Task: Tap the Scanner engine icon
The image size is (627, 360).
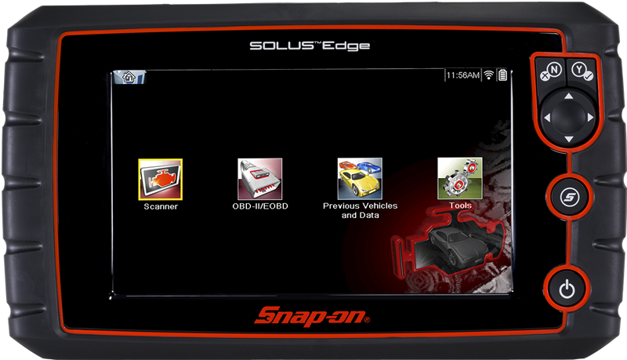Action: tap(161, 179)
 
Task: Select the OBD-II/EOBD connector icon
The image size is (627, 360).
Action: tap(260, 179)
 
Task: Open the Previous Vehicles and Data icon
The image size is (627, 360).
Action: tap(360, 178)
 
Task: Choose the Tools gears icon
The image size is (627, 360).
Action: tap(460, 178)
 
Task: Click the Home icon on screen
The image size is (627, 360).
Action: tap(129, 76)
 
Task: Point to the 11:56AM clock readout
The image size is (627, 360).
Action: tap(462, 75)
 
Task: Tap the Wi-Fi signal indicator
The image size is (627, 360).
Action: tap(488, 75)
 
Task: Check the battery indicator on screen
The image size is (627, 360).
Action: tap(502, 75)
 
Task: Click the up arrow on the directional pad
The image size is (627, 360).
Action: tap(569, 96)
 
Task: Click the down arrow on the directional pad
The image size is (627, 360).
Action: tap(569, 139)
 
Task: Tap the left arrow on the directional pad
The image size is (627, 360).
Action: tap(547, 118)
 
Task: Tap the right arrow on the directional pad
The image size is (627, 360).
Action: tap(590, 118)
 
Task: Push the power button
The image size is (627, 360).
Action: tap(567, 289)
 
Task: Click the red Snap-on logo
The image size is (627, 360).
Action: tap(312, 316)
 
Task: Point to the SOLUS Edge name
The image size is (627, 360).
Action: tap(310, 46)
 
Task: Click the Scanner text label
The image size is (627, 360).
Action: tap(161, 206)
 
